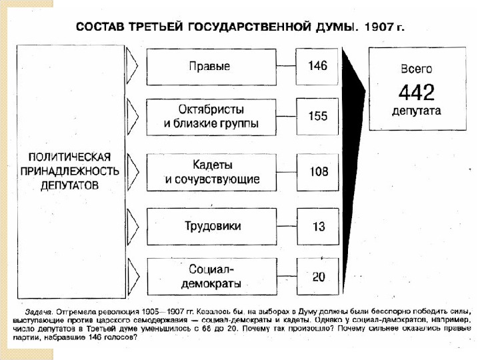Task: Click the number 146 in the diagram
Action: coord(318,67)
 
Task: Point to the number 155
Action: coord(318,116)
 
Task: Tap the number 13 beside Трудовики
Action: coord(318,227)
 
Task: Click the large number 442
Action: coord(416,91)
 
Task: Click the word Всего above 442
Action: coord(416,69)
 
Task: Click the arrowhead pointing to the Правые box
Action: coord(132,67)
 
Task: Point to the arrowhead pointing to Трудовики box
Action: coord(132,227)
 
